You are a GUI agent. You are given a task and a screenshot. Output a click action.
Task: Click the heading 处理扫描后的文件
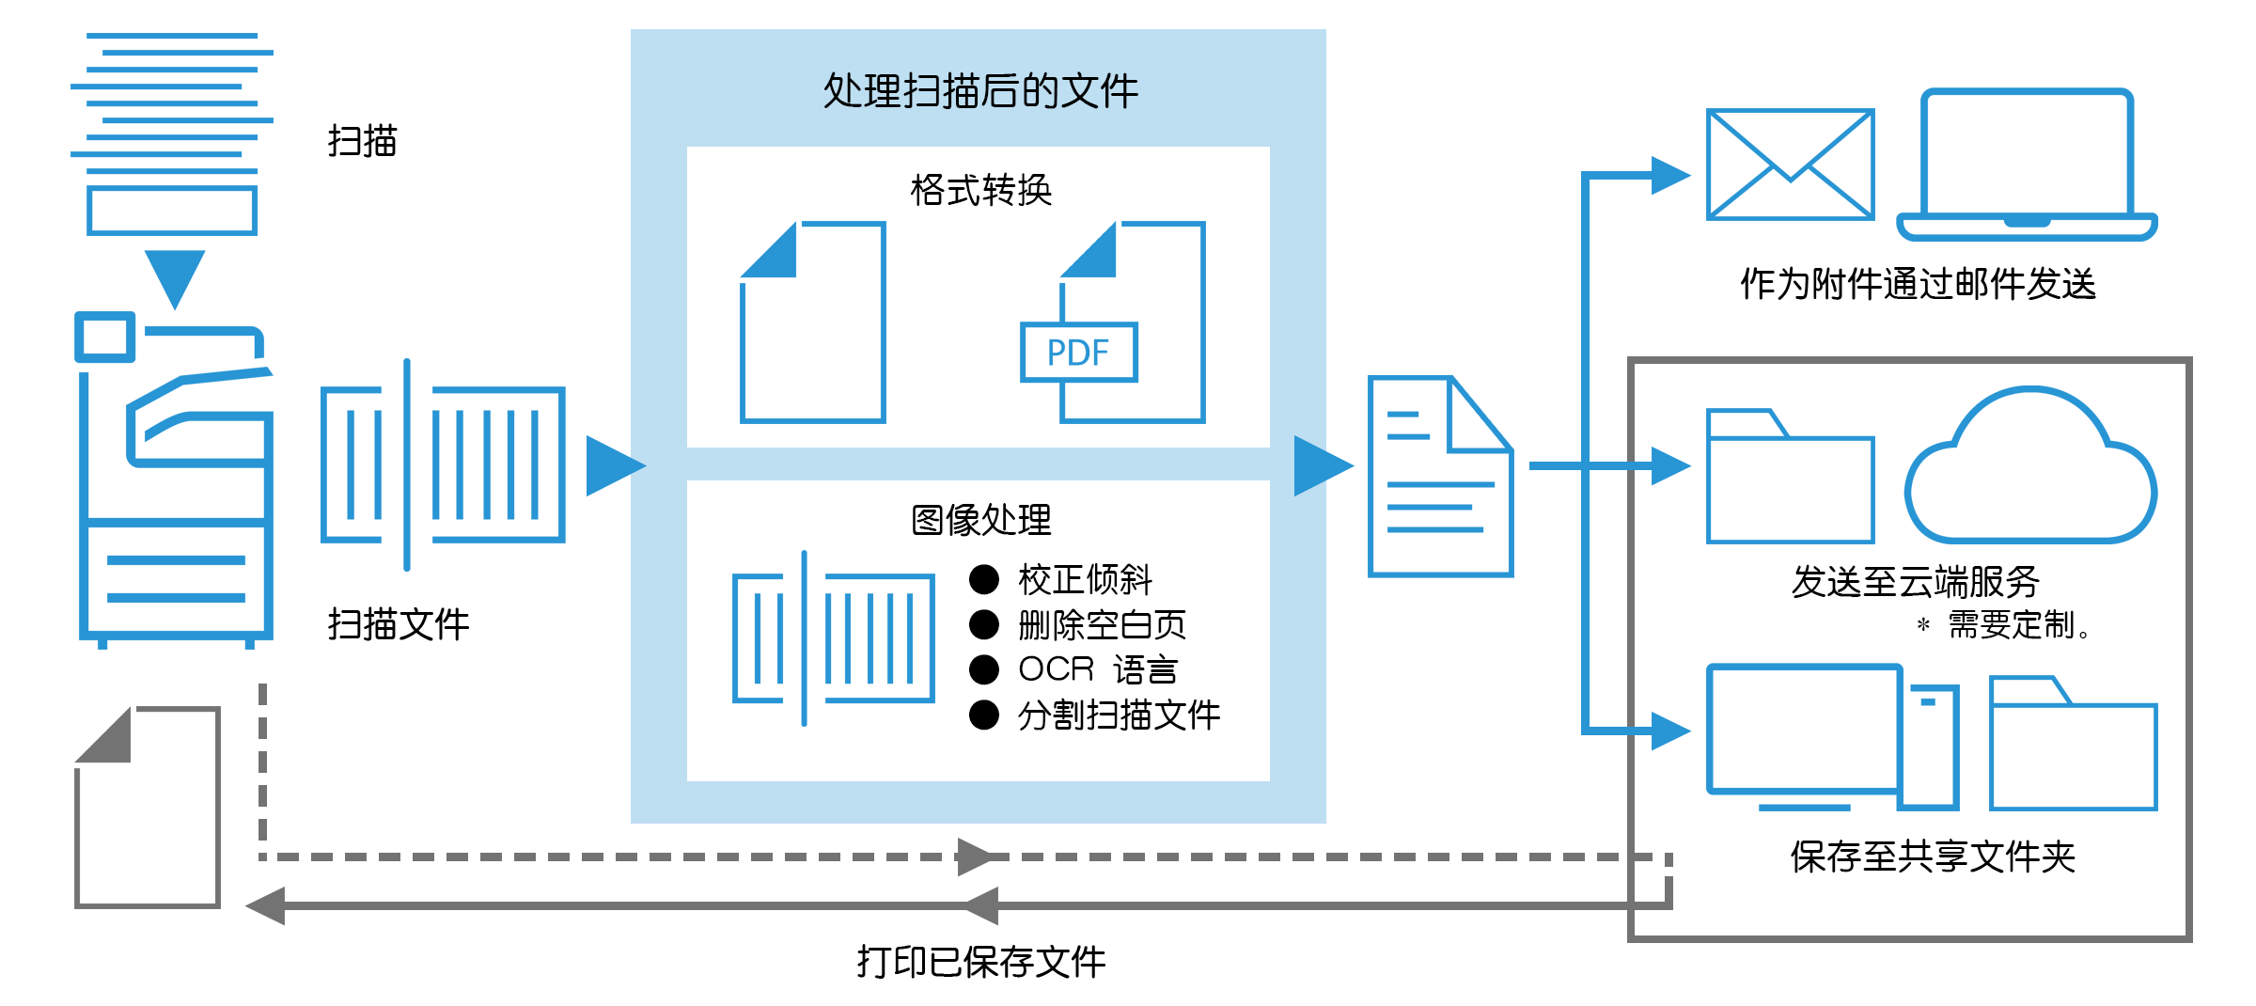click(x=980, y=92)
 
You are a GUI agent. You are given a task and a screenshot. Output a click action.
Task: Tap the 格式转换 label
click(x=980, y=191)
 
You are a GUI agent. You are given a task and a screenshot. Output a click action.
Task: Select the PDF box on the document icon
click(x=1079, y=353)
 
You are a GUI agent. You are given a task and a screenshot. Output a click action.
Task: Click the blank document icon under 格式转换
click(x=813, y=324)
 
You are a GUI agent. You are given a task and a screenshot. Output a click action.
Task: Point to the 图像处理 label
click(x=980, y=520)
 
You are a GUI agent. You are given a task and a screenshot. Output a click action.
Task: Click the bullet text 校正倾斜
click(x=1085, y=580)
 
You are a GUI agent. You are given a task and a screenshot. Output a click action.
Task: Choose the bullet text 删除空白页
click(x=1102, y=625)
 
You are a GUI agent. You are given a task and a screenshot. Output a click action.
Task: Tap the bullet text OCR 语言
click(x=1098, y=669)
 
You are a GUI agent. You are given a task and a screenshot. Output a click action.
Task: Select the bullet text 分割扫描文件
click(x=1119, y=715)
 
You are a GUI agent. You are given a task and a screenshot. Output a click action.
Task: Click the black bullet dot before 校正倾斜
click(x=983, y=580)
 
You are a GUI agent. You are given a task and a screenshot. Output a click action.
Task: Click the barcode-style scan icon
click(x=833, y=638)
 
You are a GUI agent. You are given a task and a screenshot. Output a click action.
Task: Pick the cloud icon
click(x=2030, y=470)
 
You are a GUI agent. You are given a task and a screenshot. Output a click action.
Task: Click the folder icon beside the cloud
click(x=1791, y=478)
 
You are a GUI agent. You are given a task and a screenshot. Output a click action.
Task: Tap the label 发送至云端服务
click(x=1915, y=582)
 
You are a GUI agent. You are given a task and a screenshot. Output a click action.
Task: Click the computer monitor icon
click(x=1803, y=731)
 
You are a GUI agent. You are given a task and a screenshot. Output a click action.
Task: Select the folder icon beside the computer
click(x=2073, y=745)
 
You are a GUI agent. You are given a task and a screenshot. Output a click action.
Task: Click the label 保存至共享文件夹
click(x=1933, y=857)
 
